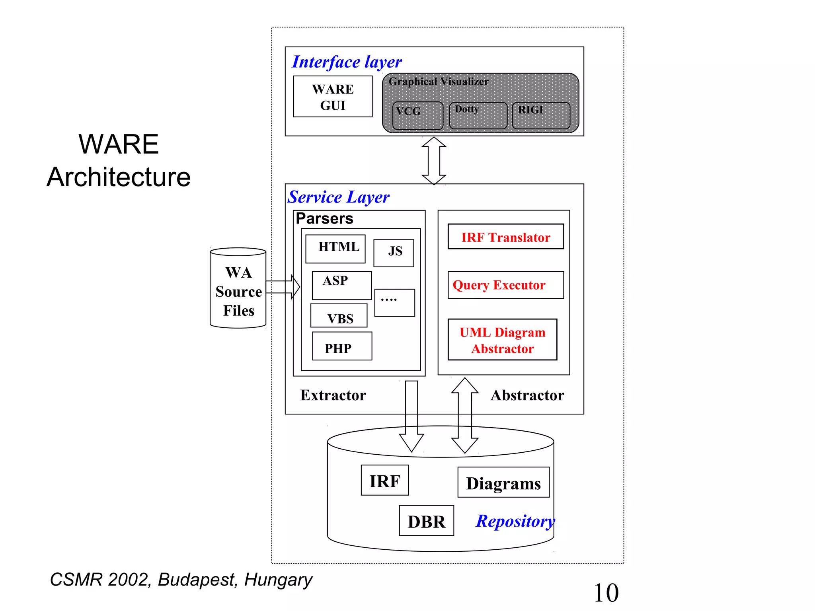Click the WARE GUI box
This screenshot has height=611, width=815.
point(333,97)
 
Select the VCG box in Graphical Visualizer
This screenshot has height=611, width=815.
point(417,116)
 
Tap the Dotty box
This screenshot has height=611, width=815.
point(478,116)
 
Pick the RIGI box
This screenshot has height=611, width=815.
point(541,116)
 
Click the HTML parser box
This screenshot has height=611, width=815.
point(335,249)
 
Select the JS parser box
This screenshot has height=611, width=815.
point(394,253)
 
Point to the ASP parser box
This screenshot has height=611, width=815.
point(341,285)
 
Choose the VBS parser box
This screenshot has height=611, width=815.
point(339,316)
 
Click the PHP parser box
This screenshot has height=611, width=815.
point(342,346)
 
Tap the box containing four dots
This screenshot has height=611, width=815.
point(394,303)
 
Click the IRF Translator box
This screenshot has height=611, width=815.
point(505,237)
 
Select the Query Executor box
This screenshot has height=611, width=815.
point(505,285)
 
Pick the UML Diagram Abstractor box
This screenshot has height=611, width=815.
point(502,340)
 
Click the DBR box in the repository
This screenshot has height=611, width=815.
point(426,521)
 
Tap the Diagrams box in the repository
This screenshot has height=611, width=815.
point(503,483)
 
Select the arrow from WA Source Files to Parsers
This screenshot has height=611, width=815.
point(283,287)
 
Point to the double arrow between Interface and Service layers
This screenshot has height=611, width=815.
point(434,161)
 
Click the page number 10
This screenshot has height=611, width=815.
point(606,593)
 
